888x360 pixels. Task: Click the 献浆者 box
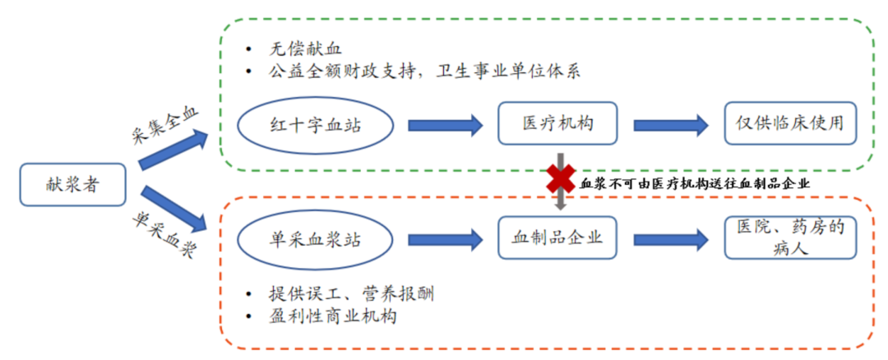click(72, 184)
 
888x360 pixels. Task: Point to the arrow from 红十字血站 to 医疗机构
click(445, 125)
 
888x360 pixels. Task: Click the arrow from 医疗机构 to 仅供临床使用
click(670, 125)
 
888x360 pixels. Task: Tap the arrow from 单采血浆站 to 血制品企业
click(445, 239)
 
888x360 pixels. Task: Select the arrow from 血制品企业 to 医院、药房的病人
click(670, 239)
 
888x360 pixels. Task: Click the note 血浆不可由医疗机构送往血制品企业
click(695, 184)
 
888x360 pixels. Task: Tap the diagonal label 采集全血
click(164, 123)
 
